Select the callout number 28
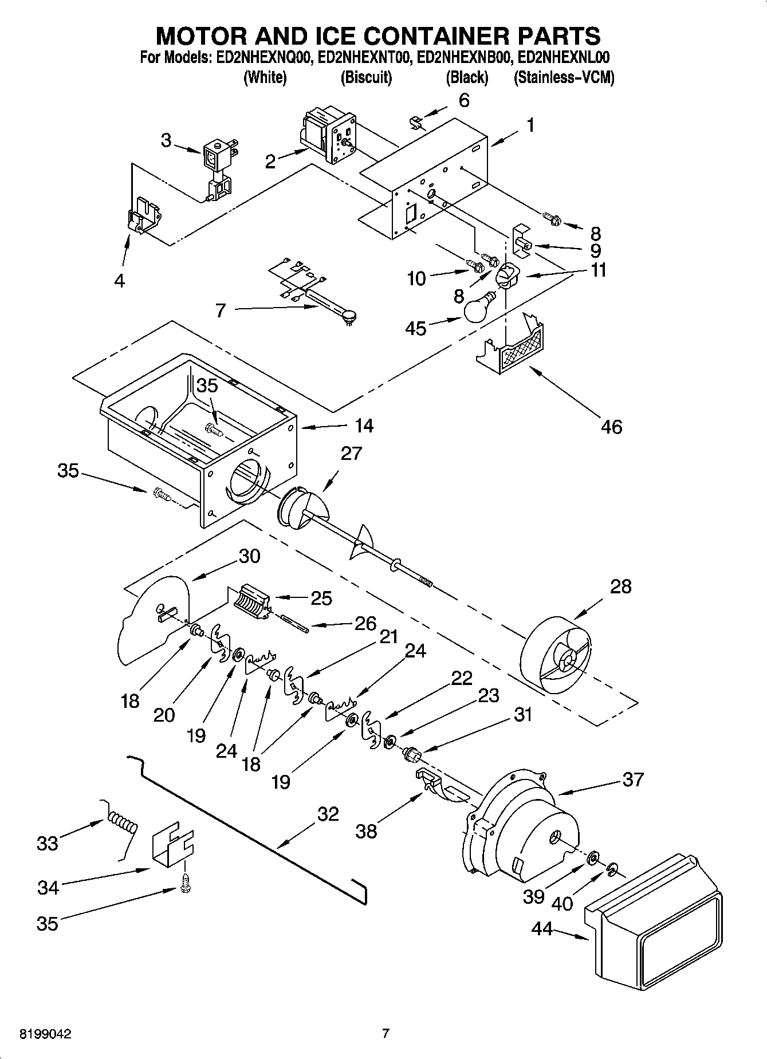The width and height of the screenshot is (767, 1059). (x=621, y=586)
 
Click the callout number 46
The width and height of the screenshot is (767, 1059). (x=611, y=427)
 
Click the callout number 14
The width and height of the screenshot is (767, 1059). (x=364, y=426)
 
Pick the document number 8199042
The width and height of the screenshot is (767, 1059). (x=46, y=1034)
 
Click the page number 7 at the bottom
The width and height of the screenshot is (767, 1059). (x=386, y=1034)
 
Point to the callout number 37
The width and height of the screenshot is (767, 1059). (x=632, y=780)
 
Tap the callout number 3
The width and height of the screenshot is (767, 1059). (x=166, y=140)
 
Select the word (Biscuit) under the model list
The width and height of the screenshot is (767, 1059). (x=366, y=77)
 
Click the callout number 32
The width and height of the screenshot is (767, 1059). (x=328, y=814)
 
